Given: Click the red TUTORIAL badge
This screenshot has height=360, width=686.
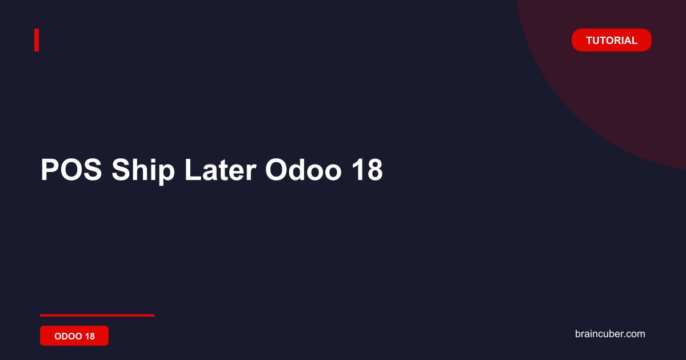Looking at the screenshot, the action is [x=611, y=40].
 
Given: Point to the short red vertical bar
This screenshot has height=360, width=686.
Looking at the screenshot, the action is [x=37, y=40].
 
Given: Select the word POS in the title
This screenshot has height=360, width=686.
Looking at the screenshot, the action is [x=71, y=170].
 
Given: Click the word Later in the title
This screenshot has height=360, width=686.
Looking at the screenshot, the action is [x=220, y=170].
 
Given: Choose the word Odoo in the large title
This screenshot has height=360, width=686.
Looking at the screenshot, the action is [x=303, y=170].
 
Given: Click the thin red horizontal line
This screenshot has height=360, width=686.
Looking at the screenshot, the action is [x=97, y=315].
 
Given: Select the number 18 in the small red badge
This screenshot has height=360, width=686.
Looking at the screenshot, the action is [x=90, y=336].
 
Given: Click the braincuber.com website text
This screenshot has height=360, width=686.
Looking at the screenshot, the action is [x=610, y=334].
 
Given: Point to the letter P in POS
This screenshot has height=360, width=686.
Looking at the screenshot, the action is [x=50, y=170].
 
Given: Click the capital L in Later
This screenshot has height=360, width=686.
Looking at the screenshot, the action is [x=193, y=170].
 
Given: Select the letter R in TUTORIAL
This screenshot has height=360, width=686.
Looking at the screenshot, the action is [x=617, y=41].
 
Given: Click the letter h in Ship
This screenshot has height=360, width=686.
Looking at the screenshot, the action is [x=137, y=170].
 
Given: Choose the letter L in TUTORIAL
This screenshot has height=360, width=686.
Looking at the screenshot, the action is [x=634, y=41].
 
